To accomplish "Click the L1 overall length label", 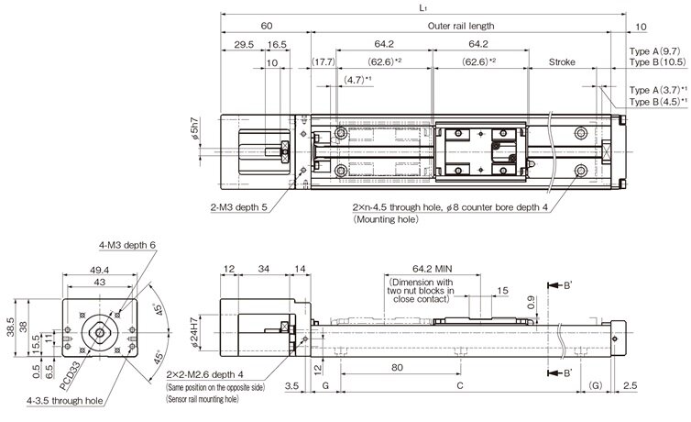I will pos(422,7).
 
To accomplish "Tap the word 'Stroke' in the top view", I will pos(561,63).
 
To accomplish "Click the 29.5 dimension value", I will pos(244,44).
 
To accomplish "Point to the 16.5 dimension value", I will pos(277,44).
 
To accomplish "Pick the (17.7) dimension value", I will pos(323,62).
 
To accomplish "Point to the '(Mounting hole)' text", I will pos(382,220).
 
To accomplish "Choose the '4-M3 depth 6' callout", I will pos(129,245).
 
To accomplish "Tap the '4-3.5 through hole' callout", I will pos(66,400).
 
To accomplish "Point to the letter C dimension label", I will pos(458,388).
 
